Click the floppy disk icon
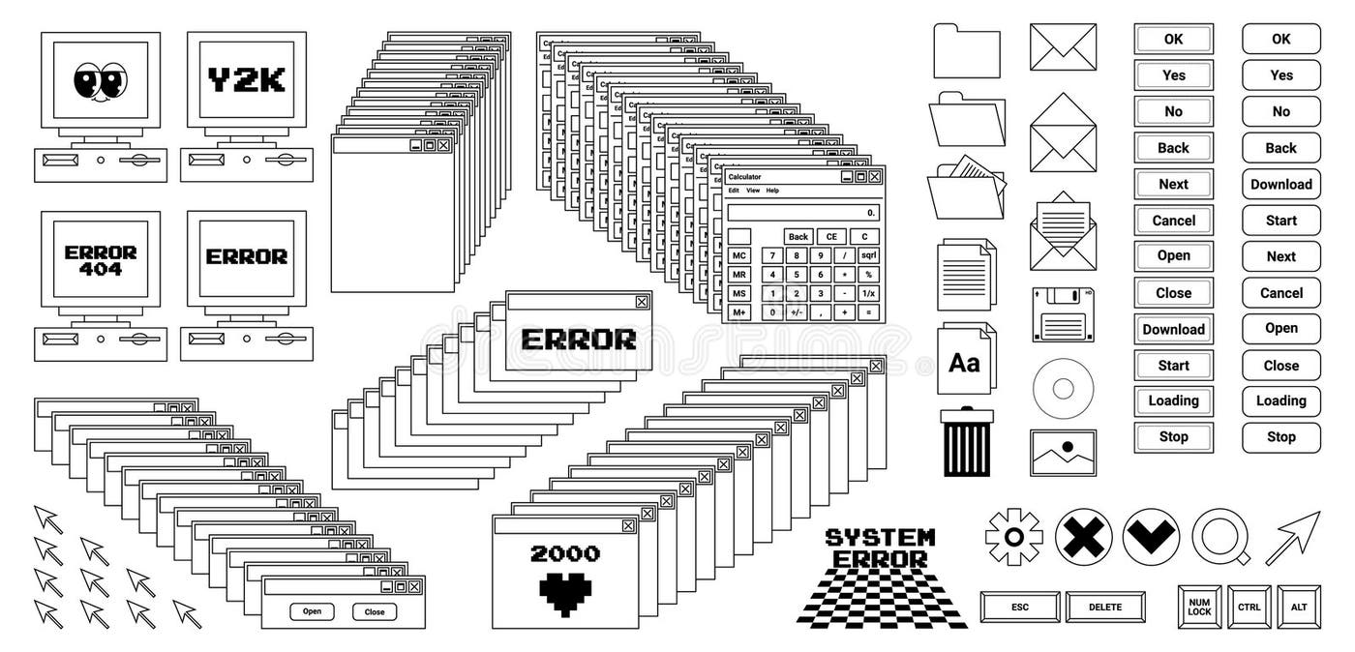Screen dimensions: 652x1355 1063,314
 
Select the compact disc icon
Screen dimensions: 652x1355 1063,389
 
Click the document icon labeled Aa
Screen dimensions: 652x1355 965,361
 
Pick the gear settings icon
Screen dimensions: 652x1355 1013,537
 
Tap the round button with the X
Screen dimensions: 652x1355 1083,537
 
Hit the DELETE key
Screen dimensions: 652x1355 1104,608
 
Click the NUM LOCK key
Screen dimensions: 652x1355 1199,608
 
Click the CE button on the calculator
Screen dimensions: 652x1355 830,237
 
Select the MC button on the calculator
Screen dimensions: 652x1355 739,255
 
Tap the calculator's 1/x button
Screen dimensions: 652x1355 868,293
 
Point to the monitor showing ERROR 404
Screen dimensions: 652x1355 101,260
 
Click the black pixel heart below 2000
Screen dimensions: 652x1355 565,593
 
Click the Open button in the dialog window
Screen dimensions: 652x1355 312,611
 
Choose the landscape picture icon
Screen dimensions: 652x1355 1063,453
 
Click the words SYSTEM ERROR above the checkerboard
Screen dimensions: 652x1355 880,548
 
